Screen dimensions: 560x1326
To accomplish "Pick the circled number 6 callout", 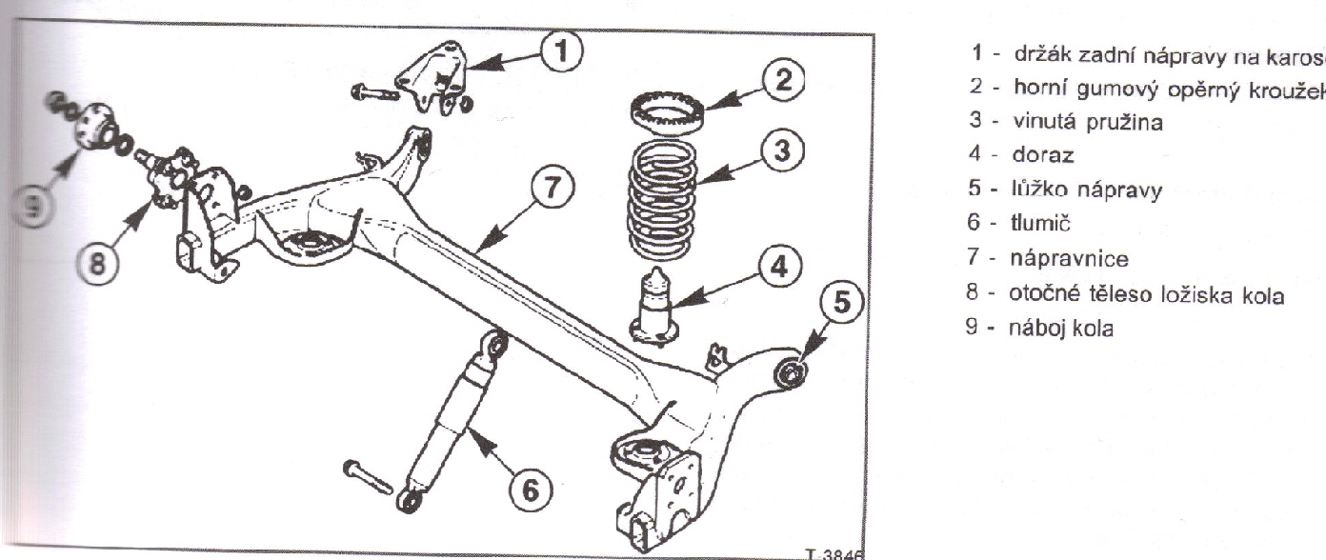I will coord(532,490).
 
